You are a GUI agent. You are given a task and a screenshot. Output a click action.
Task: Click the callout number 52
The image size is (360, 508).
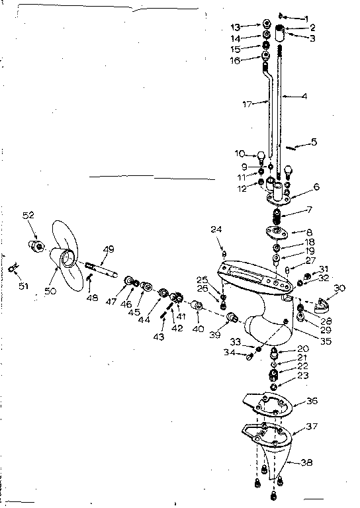click(28, 215)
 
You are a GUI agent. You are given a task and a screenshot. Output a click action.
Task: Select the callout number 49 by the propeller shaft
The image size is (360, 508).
click(108, 249)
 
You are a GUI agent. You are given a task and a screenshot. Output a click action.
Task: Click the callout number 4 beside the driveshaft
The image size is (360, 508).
click(304, 97)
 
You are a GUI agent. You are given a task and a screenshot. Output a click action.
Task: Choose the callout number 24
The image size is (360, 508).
click(216, 230)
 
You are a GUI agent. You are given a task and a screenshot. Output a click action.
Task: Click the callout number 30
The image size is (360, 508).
click(339, 288)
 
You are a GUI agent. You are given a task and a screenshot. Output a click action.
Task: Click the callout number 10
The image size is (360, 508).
click(240, 154)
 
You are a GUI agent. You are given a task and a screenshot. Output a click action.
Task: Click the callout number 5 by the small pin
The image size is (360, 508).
click(314, 141)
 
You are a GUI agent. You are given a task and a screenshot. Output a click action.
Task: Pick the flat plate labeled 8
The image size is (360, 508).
click(274, 233)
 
